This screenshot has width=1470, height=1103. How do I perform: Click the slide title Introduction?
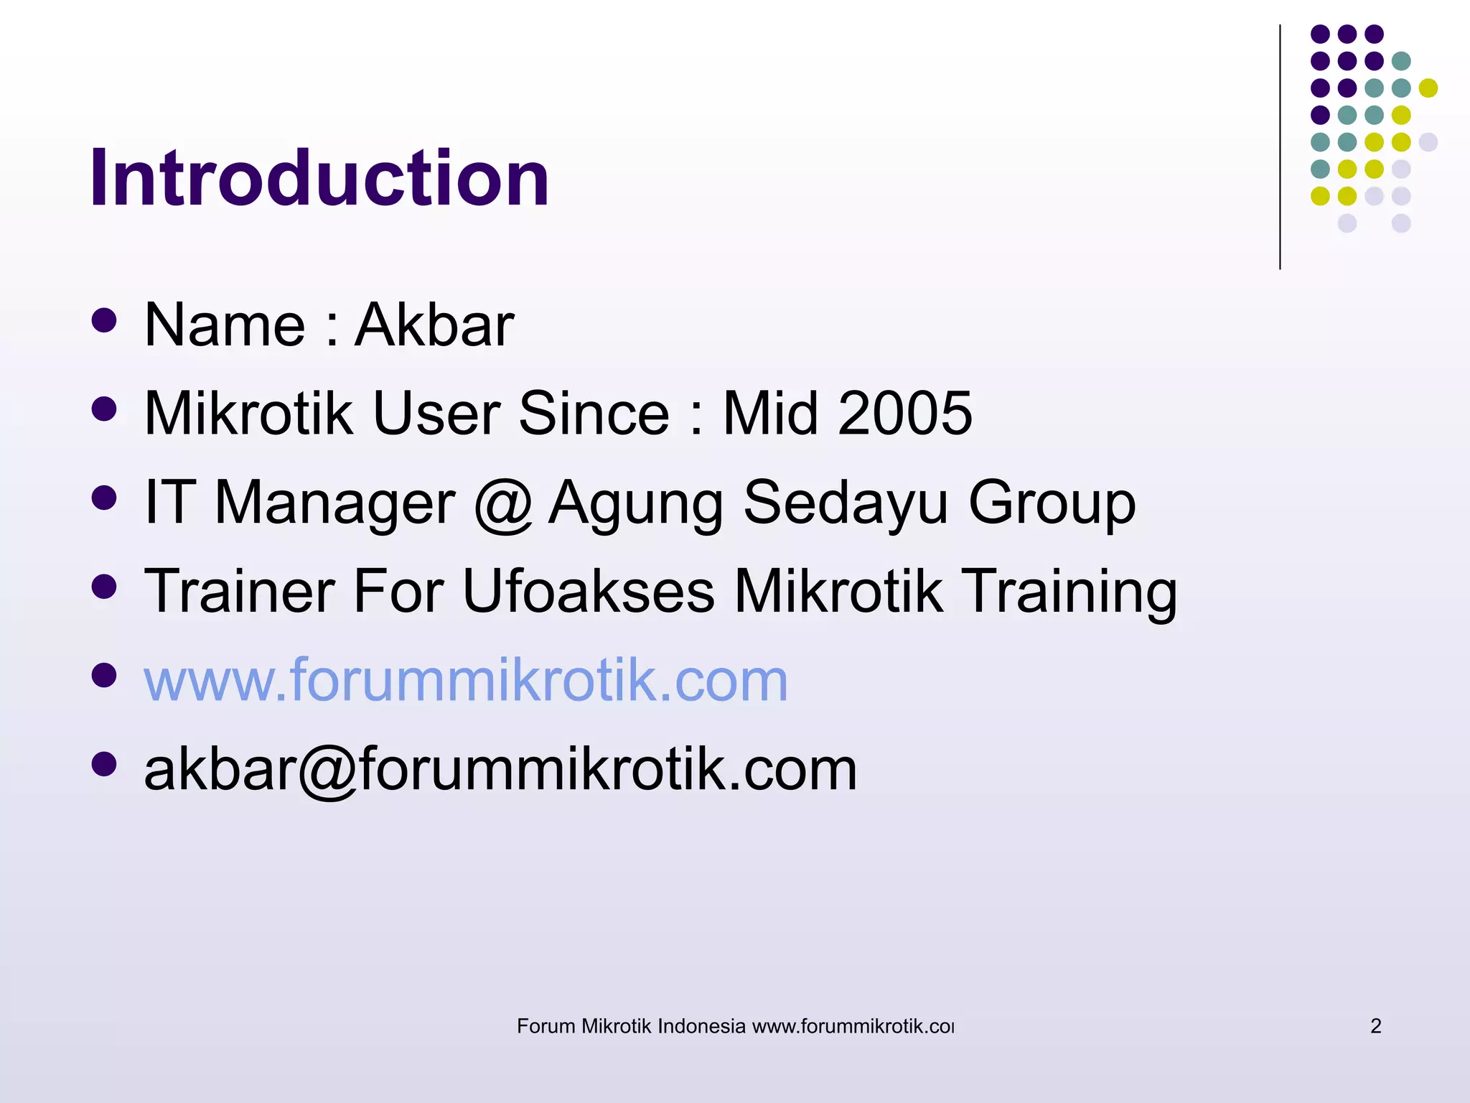319,178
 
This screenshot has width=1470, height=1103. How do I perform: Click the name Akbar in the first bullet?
435,325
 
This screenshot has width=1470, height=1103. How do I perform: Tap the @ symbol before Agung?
502,503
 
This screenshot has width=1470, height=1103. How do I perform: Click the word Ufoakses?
589,592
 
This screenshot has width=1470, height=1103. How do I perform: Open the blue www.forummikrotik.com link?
466,680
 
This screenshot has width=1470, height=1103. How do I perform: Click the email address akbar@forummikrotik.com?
500,770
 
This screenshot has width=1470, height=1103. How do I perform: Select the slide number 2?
1375,1026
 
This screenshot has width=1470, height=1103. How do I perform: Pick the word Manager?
334,503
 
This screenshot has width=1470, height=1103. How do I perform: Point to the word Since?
594,414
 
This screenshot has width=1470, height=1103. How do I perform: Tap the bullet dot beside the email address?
105,764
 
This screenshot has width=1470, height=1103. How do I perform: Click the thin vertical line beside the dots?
1280,147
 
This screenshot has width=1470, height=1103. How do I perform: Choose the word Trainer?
240,592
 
